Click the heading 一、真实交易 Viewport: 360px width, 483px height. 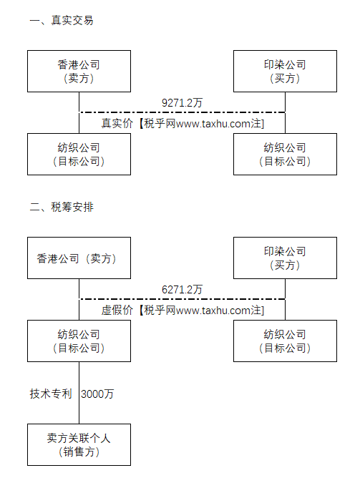coord(62,20)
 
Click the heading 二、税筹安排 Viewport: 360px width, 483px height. coord(62,207)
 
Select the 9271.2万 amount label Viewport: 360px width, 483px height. coord(182,102)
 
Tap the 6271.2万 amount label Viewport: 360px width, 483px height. coord(182,289)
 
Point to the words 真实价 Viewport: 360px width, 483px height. coord(117,123)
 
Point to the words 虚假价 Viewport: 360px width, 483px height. coord(117,310)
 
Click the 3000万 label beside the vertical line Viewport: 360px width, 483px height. coord(97,394)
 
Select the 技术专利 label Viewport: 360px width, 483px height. coord(51,394)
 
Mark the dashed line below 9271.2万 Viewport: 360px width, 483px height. coord(183,112)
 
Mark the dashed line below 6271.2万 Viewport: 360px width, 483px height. coord(183,299)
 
